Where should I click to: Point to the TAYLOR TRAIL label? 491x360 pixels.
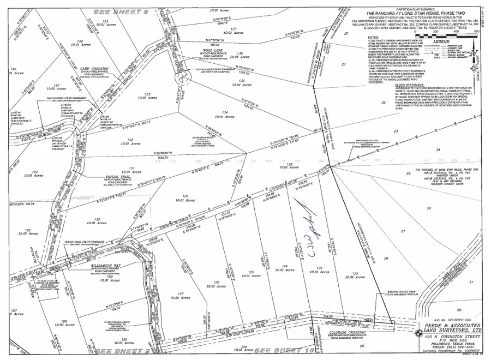128,178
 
